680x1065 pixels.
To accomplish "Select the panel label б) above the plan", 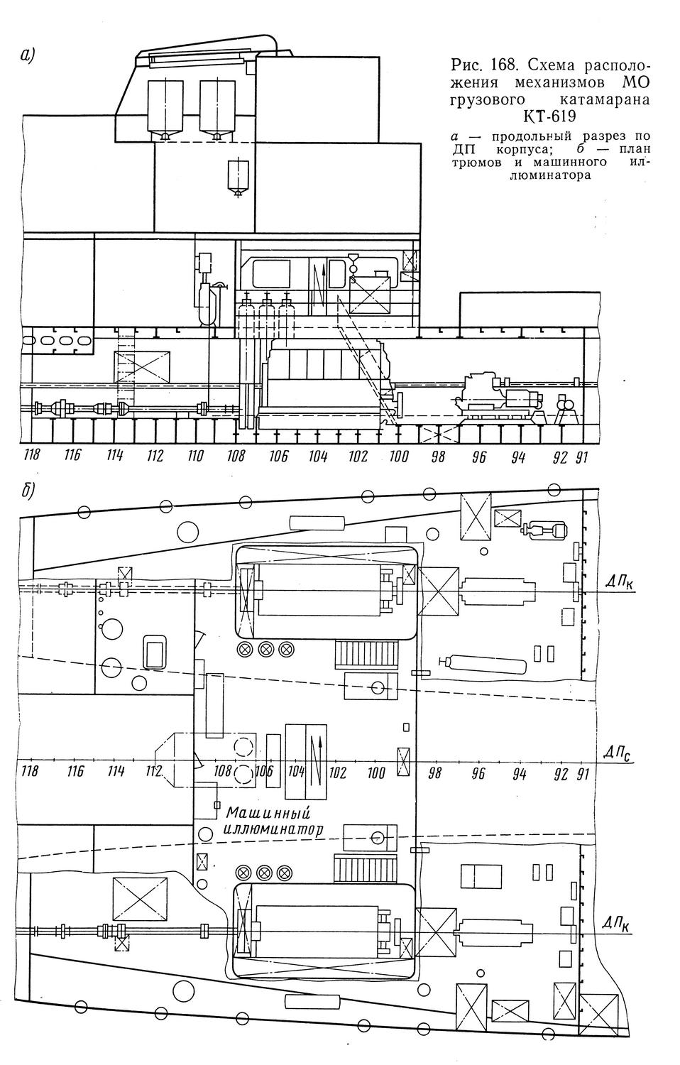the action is point(27,492).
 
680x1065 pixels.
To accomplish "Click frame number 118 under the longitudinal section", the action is point(31,456).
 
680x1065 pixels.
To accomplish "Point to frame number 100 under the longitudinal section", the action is point(398,457).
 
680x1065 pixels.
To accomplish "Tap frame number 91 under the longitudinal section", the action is point(581,457).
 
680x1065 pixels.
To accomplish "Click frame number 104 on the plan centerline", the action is point(296,772).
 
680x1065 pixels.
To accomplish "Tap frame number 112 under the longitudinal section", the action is point(155,456).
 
